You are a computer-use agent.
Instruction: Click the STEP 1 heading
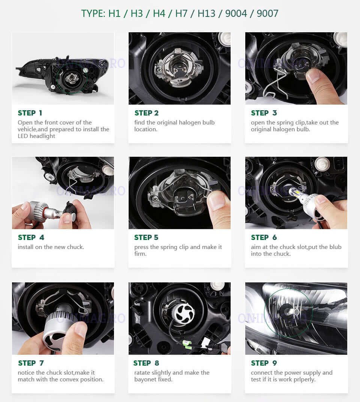tap(30, 113)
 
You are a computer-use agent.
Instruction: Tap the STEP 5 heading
tap(146, 237)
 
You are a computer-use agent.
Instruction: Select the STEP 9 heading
tap(264, 363)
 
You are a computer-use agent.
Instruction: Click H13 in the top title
tap(206, 13)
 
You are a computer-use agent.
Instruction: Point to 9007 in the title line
tap(267, 13)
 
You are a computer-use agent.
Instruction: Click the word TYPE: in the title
tap(93, 13)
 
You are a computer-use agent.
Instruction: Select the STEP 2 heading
tap(147, 113)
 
